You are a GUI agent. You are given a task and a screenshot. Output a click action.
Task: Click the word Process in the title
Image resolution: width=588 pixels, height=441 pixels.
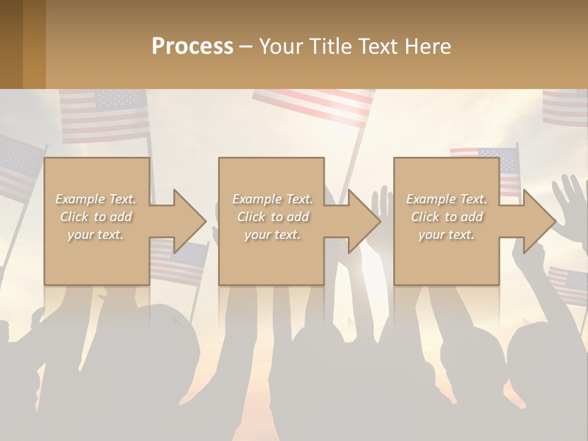click(192, 47)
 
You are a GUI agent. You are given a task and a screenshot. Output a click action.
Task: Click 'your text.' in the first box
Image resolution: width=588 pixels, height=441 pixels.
click(96, 235)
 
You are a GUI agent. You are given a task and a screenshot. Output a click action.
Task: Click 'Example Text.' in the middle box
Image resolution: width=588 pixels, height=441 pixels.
click(272, 199)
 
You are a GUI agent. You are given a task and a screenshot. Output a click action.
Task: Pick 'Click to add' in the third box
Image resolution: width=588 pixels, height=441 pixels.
click(447, 217)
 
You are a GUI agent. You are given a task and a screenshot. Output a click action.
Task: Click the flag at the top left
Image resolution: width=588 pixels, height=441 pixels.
click(104, 114)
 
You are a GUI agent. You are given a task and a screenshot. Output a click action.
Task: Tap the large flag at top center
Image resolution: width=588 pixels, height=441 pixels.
click(312, 105)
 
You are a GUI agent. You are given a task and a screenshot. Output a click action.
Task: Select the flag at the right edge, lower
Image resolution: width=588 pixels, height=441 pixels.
click(568, 284)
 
